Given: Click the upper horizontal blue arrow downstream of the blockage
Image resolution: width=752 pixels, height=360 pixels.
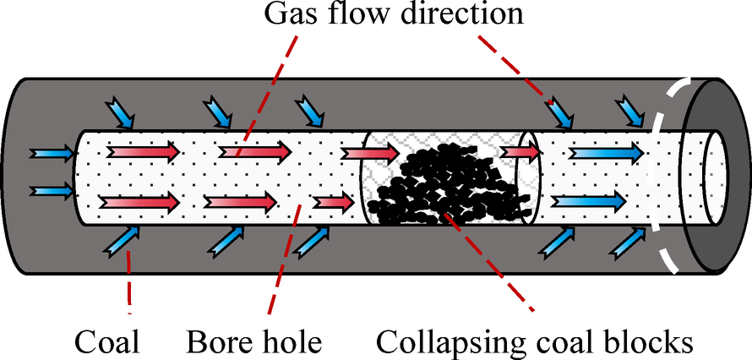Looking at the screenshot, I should coord(603,153).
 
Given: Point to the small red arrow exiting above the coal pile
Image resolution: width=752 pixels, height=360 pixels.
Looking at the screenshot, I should coord(520,151).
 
